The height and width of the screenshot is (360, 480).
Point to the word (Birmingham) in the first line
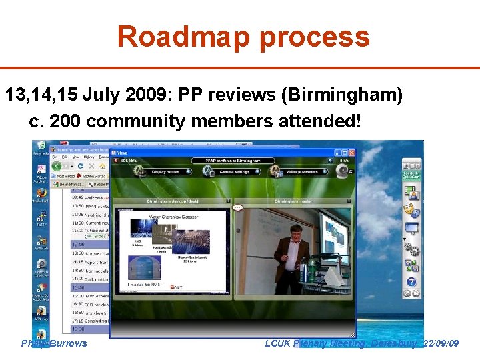click(x=341, y=96)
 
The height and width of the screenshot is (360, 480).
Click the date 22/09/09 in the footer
click(x=440, y=343)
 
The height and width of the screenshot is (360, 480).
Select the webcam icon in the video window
click(x=342, y=171)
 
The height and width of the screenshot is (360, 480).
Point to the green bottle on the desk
click(x=311, y=271)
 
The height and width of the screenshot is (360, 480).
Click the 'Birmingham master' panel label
click(x=293, y=201)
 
